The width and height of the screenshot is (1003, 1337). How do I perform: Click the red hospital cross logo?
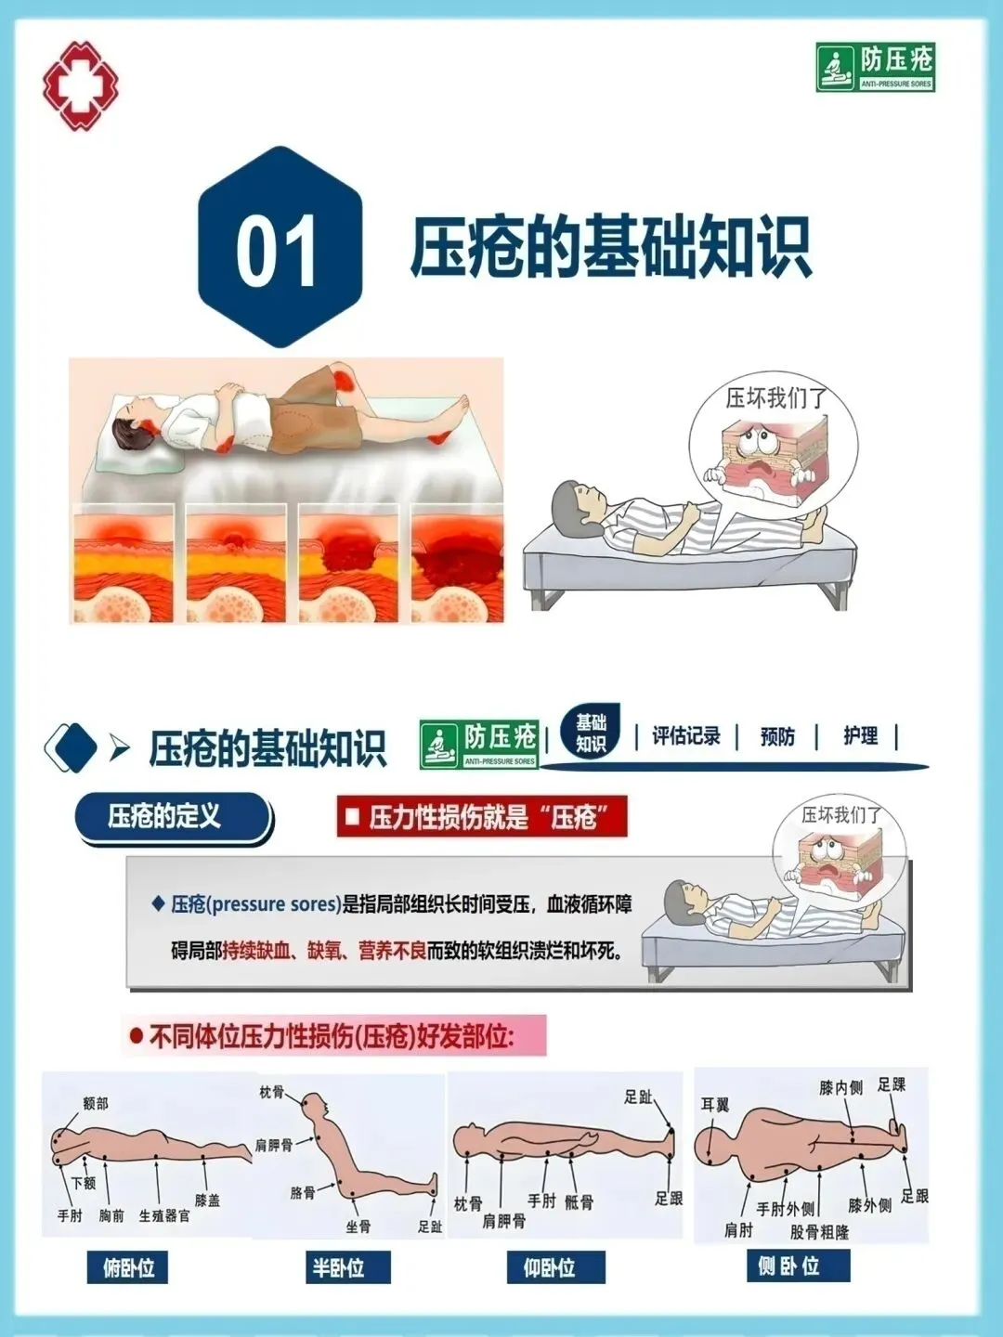80,85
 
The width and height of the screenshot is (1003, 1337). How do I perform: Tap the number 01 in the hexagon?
277,251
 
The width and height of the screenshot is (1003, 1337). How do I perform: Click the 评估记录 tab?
685,735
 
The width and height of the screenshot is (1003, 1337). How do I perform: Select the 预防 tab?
777,736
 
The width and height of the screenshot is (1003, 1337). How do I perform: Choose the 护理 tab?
861,735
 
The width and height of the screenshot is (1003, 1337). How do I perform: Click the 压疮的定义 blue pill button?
173,816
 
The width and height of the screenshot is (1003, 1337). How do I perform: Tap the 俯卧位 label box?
127,1267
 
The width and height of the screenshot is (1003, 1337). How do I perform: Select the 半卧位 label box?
347,1267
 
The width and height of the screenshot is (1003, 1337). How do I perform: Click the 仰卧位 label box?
556,1267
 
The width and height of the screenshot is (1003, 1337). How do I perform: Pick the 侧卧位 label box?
798,1266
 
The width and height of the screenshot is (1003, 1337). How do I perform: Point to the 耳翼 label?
714,1105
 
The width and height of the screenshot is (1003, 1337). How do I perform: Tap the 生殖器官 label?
164,1215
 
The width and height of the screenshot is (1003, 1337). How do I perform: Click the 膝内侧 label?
841,1088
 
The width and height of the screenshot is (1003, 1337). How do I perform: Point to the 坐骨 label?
358,1227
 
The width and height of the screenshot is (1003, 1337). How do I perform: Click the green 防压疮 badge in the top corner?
875,67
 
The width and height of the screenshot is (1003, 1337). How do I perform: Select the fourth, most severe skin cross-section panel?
457,563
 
